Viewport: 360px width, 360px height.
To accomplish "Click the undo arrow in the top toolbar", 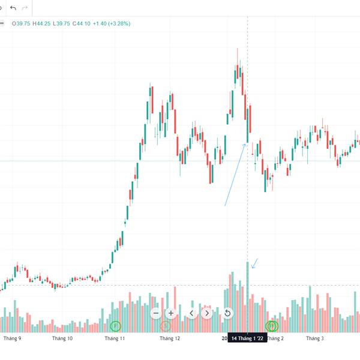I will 13,8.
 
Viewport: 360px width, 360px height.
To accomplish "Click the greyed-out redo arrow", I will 25,8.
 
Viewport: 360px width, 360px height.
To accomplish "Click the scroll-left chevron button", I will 192,313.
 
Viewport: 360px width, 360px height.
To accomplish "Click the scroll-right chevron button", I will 207,313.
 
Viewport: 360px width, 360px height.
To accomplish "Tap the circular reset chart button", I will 228,313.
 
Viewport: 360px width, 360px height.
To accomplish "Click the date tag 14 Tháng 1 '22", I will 248,338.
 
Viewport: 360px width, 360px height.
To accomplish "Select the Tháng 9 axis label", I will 13,338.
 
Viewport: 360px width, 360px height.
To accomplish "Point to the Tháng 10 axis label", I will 62,338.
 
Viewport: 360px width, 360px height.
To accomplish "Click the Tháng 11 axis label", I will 115,338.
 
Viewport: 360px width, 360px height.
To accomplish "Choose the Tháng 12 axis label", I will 170,338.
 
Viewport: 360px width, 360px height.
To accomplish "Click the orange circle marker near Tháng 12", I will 166,326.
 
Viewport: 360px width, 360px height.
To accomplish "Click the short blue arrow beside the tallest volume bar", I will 255,263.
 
